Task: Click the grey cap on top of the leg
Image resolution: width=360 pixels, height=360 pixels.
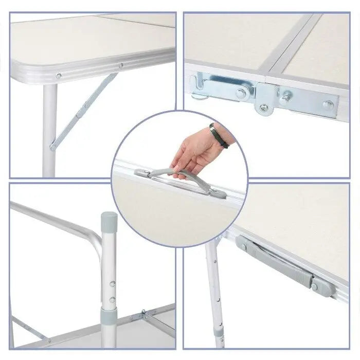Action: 109,220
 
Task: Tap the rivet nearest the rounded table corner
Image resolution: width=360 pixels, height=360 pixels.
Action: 58,76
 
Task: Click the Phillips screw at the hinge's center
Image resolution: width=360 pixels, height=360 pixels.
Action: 263,107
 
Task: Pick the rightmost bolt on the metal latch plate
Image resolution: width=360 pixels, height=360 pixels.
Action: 327,105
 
